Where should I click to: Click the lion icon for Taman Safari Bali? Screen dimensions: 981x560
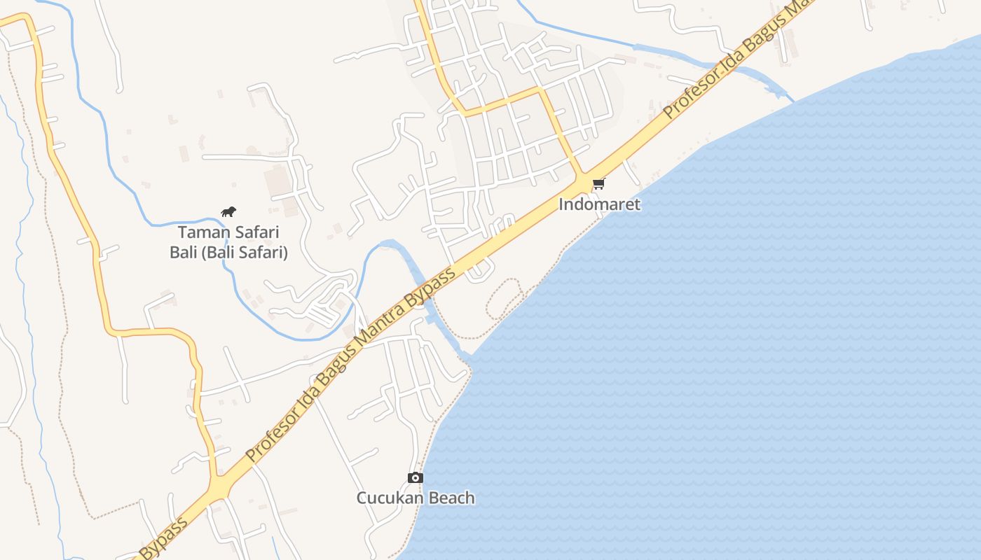[228, 211]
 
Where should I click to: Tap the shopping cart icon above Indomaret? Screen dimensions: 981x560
[598, 184]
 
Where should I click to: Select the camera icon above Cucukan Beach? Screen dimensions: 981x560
[416, 477]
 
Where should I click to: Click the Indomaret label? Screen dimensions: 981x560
[599, 204]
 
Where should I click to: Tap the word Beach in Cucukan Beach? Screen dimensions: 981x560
[451, 498]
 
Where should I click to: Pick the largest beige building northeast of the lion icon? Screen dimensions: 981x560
[277, 181]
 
